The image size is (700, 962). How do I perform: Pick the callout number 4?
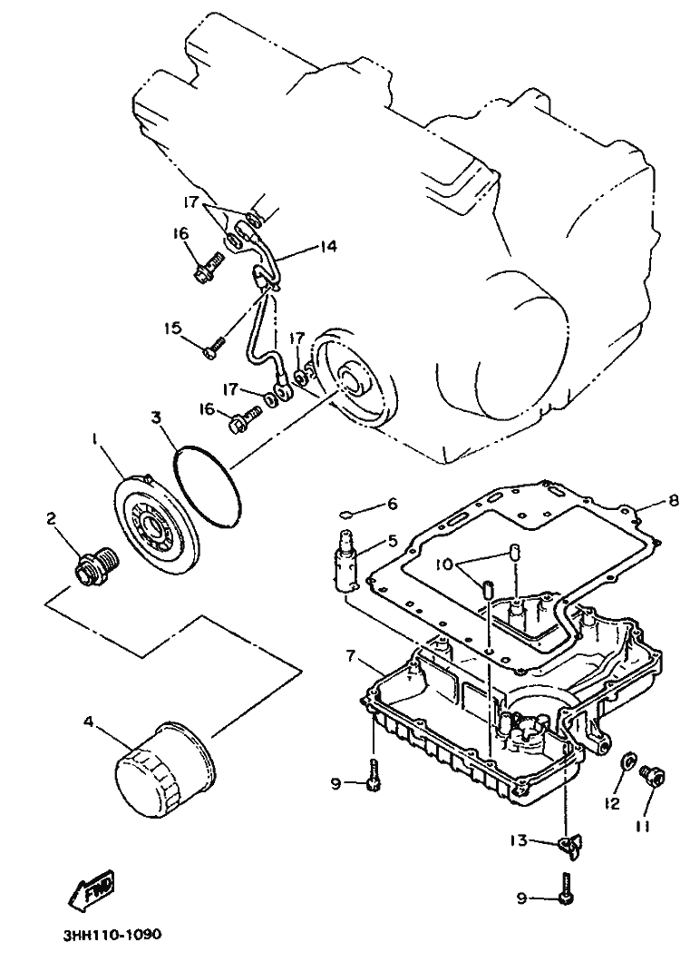89,722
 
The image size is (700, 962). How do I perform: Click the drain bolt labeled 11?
651,774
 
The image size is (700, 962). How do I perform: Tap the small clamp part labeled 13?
568,846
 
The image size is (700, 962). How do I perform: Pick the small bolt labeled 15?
215,346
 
